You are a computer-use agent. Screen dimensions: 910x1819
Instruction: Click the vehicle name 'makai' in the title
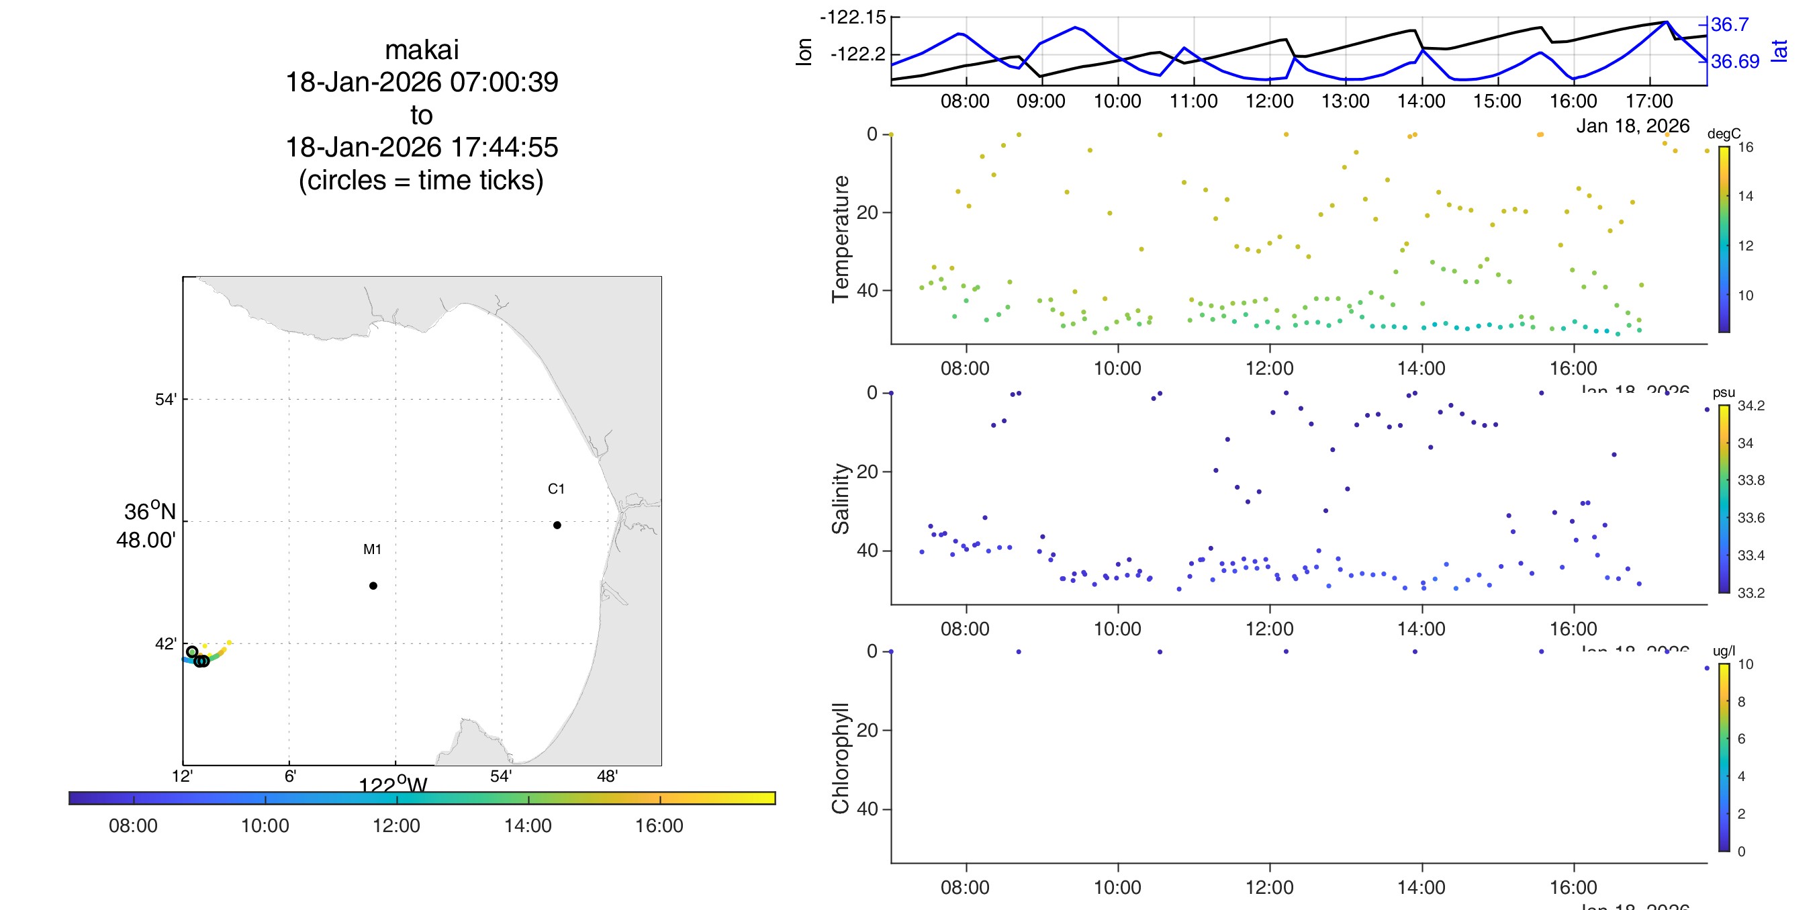pos(422,50)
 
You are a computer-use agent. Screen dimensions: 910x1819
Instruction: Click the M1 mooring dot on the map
pos(373,586)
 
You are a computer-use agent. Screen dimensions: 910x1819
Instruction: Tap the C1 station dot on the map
pos(557,525)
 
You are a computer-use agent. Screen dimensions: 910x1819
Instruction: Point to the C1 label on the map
pos(556,489)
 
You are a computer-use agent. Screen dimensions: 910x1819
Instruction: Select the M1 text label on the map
pos(372,549)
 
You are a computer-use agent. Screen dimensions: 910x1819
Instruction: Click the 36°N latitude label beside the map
pos(149,512)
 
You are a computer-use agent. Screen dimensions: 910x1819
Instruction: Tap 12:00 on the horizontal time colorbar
pos(396,825)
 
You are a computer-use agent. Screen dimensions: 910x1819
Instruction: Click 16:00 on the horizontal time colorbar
pos(659,825)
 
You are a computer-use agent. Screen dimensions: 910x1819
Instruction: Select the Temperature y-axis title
pos(840,239)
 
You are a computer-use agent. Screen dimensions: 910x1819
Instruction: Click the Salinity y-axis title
pos(840,498)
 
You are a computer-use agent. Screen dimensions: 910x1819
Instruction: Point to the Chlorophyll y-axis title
pos(840,758)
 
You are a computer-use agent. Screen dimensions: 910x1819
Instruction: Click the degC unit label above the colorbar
pos(1724,134)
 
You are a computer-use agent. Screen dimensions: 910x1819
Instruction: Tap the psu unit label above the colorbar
pos(1724,393)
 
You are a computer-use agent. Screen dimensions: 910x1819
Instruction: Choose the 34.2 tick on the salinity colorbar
pos(1751,406)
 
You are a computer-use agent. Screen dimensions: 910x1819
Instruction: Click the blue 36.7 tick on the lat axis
pos(1729,25)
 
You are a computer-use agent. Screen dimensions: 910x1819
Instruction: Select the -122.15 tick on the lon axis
pos(852,17)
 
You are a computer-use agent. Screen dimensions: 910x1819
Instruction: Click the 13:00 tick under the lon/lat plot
pos(1345,101)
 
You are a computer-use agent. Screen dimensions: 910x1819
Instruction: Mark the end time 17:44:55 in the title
pos(504,147)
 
